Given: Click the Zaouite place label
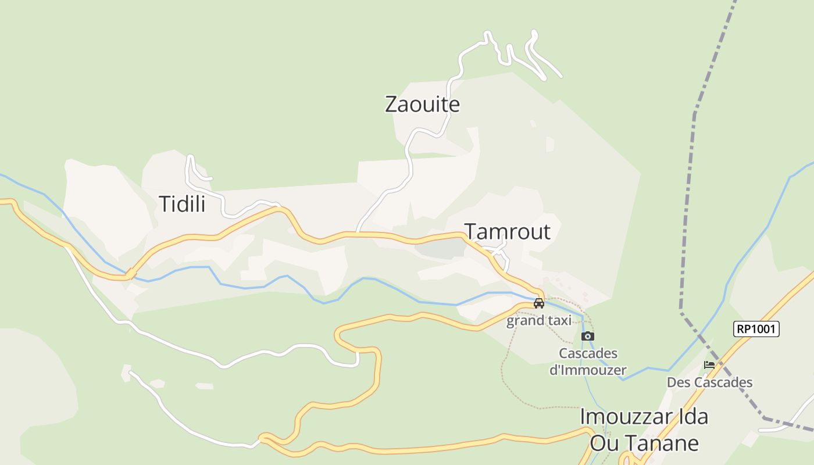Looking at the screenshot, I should [422, 105].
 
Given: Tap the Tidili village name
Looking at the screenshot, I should [182, 204].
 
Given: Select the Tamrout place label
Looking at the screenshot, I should [507, 231].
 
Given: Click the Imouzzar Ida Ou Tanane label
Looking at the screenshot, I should [644, 430].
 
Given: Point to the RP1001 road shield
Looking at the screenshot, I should [756, 329].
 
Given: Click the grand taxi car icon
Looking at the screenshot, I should [539, 303].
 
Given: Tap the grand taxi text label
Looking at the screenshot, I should [539, 320].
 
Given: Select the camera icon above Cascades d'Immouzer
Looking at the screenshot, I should [588, 336].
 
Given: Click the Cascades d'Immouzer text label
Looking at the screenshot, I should [588, 361].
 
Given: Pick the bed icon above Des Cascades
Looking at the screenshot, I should [709, 365].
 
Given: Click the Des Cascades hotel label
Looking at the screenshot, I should [709, 382].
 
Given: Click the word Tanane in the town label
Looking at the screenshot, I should [669, 443].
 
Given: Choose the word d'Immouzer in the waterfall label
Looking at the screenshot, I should [588, 370].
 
